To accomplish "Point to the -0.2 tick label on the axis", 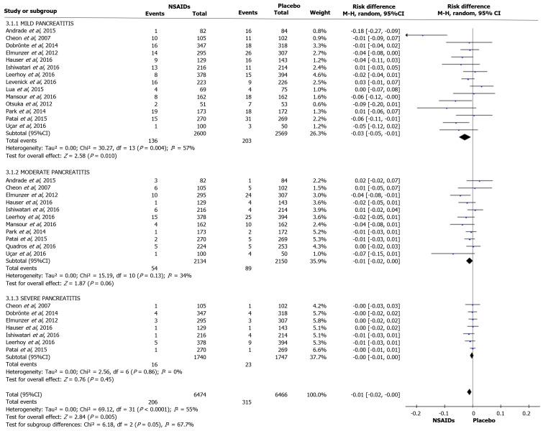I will coord(417,414).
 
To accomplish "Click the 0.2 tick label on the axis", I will coord(526,414).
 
